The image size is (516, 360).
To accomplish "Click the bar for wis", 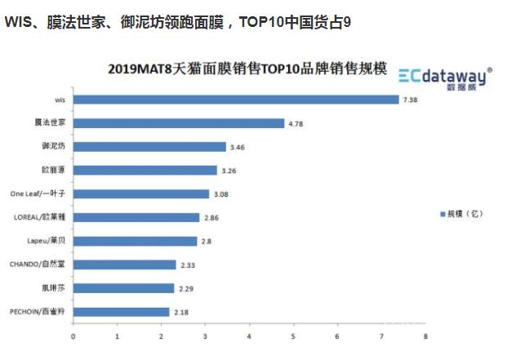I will (235, 100).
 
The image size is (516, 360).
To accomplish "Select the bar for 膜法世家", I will (178, 123).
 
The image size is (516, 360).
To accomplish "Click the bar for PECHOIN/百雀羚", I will (121, 312).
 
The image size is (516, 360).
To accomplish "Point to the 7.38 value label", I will (411, 100).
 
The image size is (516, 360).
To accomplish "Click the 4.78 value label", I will (296, 123).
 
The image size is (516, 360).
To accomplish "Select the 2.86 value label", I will (211, 218).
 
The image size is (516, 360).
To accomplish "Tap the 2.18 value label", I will (181, 312).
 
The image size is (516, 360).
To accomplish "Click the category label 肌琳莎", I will (55, 288).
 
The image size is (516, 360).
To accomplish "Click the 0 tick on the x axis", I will (73, 335).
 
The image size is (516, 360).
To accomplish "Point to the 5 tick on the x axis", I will (293, 335).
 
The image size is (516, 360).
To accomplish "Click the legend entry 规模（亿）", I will (466, 214).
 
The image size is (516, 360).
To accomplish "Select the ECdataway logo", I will (445, 76).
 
